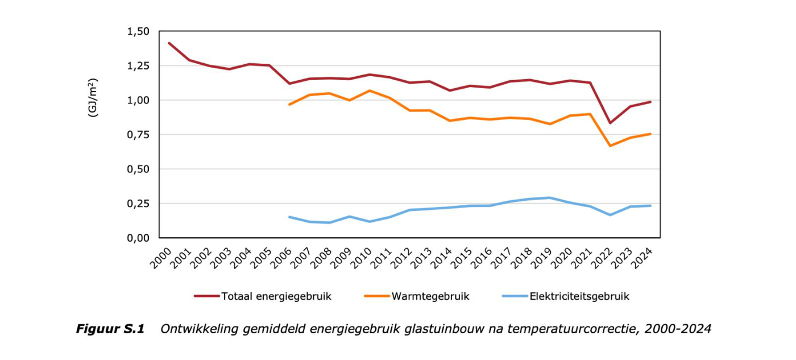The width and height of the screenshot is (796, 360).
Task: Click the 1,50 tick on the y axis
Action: click(x=138, y=31)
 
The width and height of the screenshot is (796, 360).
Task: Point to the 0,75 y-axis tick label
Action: click(x=138, y=135)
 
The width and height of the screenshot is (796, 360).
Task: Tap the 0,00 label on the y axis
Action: click(x=138, y=238)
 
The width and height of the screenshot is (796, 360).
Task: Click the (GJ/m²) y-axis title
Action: click(x=93, y=97)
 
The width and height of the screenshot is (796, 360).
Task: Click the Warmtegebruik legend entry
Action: click(x=430, y=296)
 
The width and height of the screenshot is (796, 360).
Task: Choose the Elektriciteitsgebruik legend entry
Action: click(x=579, y=296)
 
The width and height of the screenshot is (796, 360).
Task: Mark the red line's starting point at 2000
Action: click(x=169, y=43)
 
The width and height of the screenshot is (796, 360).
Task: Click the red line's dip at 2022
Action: click(x=611, y=123)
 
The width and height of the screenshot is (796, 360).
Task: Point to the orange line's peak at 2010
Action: click(x=370, y=90)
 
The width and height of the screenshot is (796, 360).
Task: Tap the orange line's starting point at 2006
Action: click(x=289, y=105)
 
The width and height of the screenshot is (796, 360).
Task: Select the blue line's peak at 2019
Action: click(x=550, y=198)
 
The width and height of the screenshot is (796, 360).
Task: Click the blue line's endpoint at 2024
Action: click(x=650, y=206)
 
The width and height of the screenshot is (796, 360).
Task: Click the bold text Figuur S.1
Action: click(x=110, y=329)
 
